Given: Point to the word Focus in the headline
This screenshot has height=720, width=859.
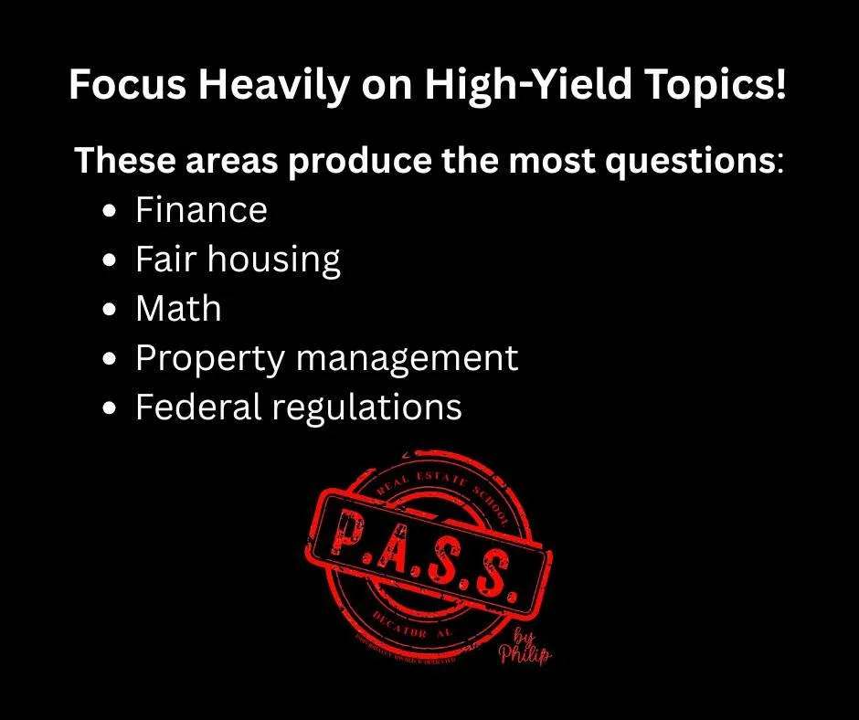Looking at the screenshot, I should (111, 87).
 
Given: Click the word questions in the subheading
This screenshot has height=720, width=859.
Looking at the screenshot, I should (689, 162).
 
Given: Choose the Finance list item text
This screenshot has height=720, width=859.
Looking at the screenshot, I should (201, 211).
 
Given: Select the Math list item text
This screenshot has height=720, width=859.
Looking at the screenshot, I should (178, 309).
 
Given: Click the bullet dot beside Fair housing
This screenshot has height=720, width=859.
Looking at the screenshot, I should (111, 261).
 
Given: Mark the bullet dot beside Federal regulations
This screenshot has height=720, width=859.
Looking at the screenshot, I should (111, 408).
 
